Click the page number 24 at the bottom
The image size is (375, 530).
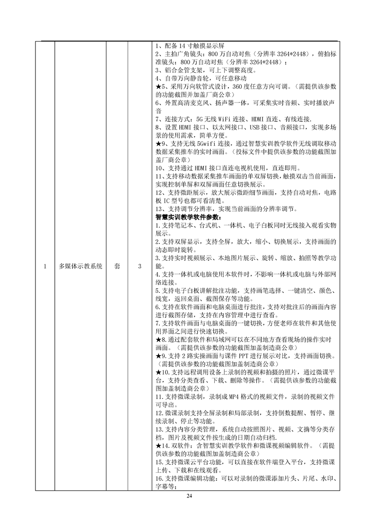(190, 496)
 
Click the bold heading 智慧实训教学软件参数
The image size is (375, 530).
(188, 217)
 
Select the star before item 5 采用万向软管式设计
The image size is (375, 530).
(158, 87)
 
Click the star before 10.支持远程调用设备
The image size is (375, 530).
(158, 372)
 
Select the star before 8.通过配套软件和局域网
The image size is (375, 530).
(158, 340)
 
